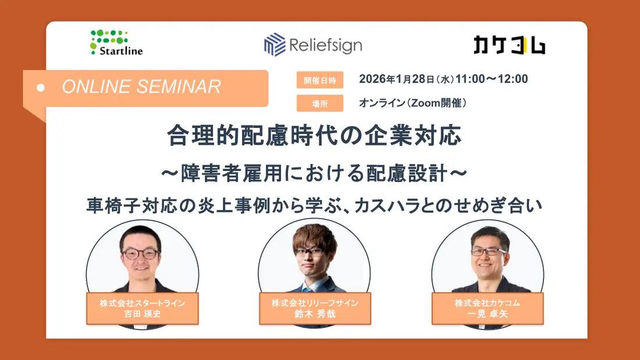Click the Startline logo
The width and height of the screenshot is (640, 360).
[116, 42]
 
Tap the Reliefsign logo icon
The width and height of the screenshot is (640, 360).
[275, 45]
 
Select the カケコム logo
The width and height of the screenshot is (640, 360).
[509, 45]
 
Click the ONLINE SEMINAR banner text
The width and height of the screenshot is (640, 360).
[141, 87]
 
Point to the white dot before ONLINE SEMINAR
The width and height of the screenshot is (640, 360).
[41, 88]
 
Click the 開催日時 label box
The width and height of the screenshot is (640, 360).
[319, 80]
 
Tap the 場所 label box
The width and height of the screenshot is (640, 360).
[319, 103]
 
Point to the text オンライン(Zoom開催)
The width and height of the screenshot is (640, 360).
[413, 103]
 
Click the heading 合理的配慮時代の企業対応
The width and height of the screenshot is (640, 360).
[314, 136]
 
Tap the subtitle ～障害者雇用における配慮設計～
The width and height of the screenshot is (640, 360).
[314, 173]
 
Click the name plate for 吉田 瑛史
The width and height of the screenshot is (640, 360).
[142, 308]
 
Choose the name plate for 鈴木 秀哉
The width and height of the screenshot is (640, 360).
[315, 308]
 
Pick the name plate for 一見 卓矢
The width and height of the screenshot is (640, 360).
[488, 308]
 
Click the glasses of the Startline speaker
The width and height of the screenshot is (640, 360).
[140, 253]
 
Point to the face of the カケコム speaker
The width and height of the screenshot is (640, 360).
[489, 256]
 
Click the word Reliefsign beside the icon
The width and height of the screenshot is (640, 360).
[325, 45]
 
